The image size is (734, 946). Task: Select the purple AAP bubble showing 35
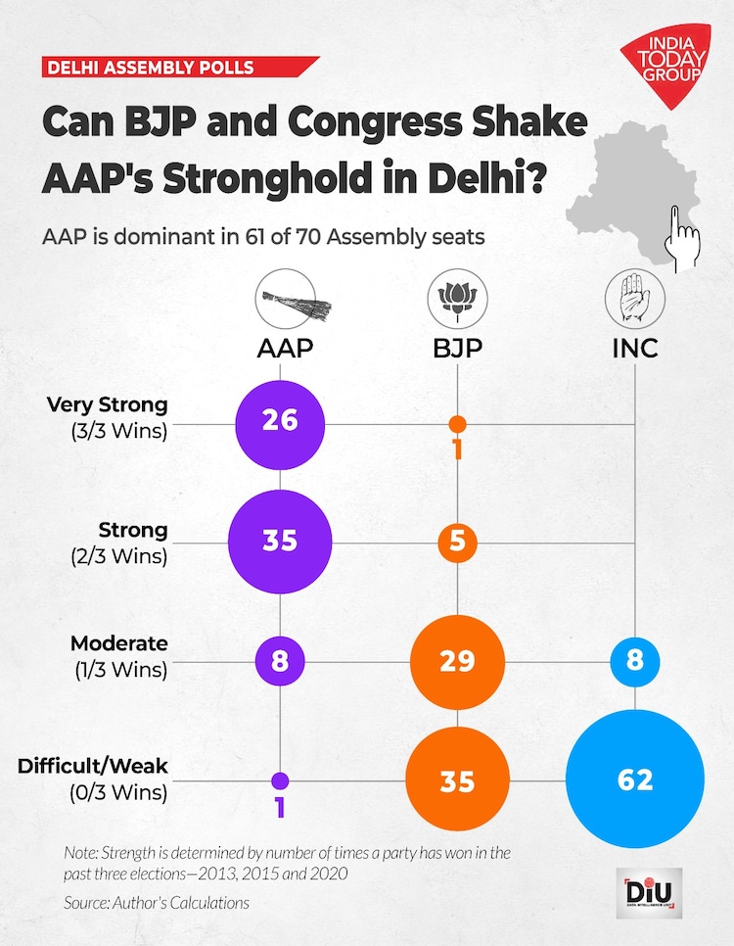tap(280, 541)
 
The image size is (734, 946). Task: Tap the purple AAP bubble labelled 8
tap(280, 660)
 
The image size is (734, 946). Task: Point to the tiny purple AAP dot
tap(280, 780)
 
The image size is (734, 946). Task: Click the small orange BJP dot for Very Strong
tap(456, 424)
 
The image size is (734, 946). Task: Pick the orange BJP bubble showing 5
tap(456, 541)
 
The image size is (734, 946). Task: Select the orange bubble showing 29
tap(456, 660)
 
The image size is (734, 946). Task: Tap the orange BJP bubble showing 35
tap(456, 780)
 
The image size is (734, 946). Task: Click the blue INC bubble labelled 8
tap(635, 660)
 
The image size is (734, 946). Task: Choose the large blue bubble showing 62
tap(635, 780)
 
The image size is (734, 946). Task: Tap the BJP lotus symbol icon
tap(457, 299)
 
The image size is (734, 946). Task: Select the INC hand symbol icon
tap(635, 299)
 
